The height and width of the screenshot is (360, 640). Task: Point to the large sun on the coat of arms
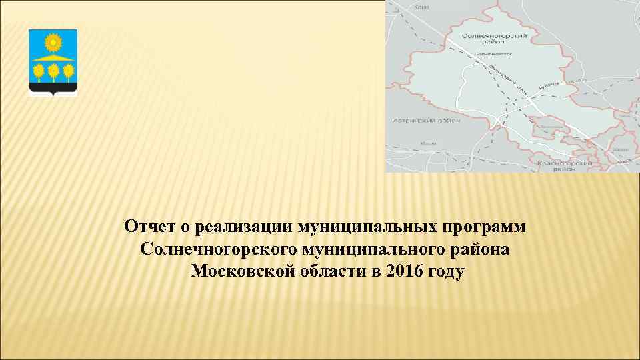53,44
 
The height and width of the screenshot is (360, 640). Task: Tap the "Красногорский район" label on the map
566,165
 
